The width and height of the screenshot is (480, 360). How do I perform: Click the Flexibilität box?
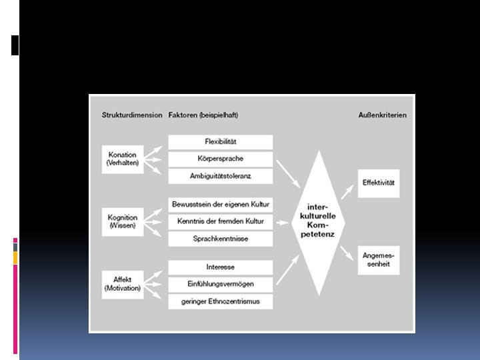point(221,142)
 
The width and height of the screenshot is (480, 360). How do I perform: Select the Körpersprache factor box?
point(221,159)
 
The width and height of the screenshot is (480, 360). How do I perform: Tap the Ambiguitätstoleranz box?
point(221,177)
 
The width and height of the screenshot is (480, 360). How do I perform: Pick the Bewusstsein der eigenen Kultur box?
point(221,204)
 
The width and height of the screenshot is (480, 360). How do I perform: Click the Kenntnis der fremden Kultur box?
point(221,221)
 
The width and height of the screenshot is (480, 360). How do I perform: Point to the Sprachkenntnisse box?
point(221,239)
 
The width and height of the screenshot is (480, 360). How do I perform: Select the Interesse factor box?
point(221,267)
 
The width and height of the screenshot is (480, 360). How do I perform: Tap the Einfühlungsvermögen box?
point(221,284)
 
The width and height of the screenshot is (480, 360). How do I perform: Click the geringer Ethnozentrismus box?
point(221,301)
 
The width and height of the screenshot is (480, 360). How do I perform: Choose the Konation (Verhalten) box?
point(123,159)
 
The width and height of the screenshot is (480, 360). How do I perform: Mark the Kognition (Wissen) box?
point(123,221)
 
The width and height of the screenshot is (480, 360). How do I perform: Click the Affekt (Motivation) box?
point(123,284)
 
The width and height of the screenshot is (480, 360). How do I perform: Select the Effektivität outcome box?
point(379,182)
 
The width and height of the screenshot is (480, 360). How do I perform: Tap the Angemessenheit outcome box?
point(379,260)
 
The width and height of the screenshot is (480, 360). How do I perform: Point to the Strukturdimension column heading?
point(132,115)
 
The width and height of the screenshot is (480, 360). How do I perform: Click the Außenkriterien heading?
point(382,115)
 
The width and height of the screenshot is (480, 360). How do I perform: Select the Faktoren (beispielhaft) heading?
point(203,115)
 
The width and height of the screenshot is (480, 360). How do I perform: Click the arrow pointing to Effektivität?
point(347,192)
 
